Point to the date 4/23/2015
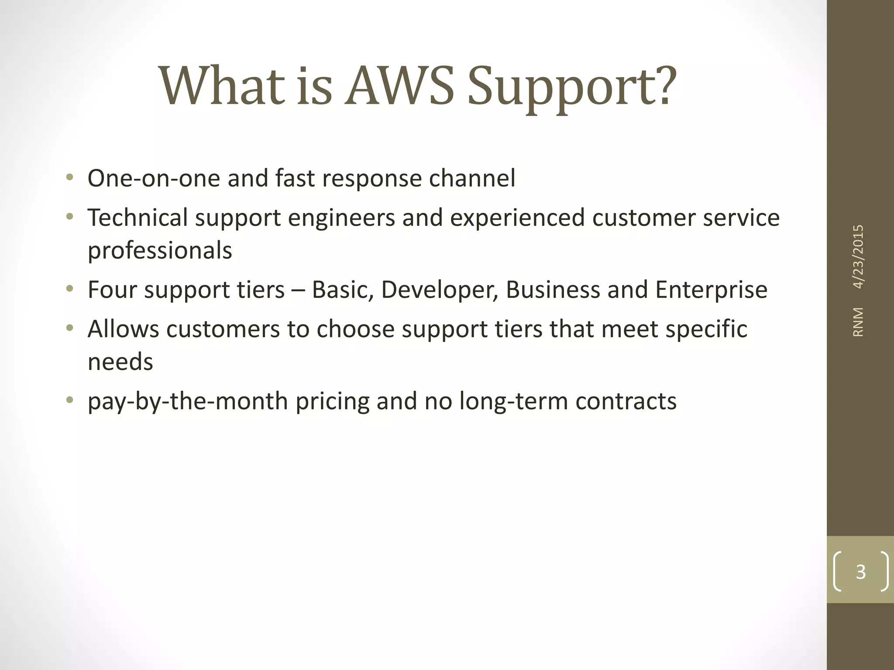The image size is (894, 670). click(858, 257)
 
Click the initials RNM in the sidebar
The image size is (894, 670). click(858, 322)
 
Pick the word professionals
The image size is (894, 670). click(160, 251)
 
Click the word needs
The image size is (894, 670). click(120, 362)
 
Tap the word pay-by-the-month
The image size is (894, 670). click(188, 402)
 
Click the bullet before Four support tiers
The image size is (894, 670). click(69, 289)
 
